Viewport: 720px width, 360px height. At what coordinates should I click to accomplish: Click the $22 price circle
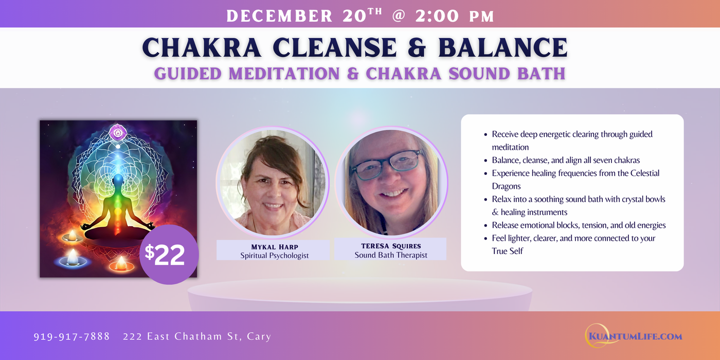(x=168, y=255)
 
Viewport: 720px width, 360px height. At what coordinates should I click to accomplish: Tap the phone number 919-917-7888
(x=71, y=336)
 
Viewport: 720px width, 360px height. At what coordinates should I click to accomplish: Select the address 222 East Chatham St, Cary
(x=197, y=336)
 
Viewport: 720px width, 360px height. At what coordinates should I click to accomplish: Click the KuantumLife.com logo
(x=634, y=336)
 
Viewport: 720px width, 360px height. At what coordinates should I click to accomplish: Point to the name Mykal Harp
(x=275, y=246)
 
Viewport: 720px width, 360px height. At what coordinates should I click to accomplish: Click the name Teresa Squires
(x=391, y=246)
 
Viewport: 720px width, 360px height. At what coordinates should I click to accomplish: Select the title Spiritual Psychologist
(x=275, y=255)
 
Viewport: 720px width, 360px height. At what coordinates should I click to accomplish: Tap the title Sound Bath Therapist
(x=391, y=255)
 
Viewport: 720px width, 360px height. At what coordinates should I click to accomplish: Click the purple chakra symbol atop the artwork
(x=118, y=133)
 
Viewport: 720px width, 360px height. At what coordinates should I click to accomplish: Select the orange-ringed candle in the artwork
(x=121, y=264)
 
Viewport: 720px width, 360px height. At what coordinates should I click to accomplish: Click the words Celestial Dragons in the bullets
(x=575, y=179)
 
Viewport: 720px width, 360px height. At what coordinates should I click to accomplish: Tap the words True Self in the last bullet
(x=508, y=251)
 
